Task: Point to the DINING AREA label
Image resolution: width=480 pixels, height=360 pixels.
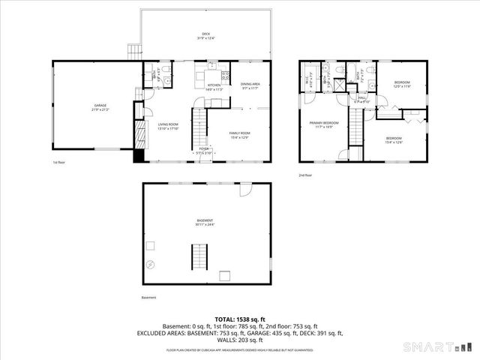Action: click(250, 85)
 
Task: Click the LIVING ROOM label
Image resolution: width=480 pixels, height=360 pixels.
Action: click(167, 126)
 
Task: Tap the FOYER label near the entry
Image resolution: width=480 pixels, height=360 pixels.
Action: click(204, 151)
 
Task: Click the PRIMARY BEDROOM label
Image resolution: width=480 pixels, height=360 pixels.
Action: click(325, 124)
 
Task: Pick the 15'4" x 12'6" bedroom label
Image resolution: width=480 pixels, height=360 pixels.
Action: click(393, 139)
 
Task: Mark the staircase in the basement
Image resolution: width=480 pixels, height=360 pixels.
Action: click(199, 256)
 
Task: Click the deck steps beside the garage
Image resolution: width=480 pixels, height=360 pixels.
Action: click(134, 50)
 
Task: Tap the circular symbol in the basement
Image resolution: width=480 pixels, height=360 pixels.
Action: click(151, 265)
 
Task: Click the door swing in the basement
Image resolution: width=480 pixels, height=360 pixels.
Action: click(245, 191)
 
